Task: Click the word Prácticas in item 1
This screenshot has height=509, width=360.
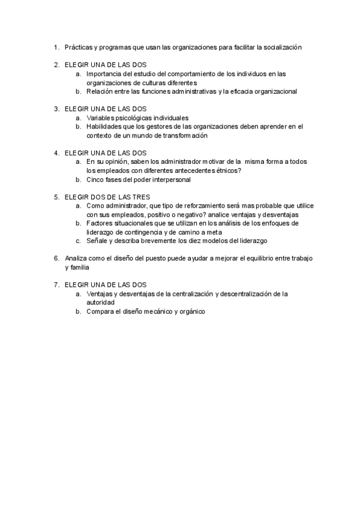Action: pos(77,47)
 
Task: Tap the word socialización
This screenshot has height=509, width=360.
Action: pos(282,47)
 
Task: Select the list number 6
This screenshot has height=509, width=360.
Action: pos(56,258)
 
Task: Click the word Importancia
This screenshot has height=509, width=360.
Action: pos(105,74)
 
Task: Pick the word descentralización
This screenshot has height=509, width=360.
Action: pos(241,294)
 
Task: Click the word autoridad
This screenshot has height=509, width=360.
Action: pos(101,303)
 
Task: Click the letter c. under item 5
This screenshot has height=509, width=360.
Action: pos(79,241)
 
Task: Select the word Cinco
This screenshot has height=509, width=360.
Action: pos(95,179)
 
